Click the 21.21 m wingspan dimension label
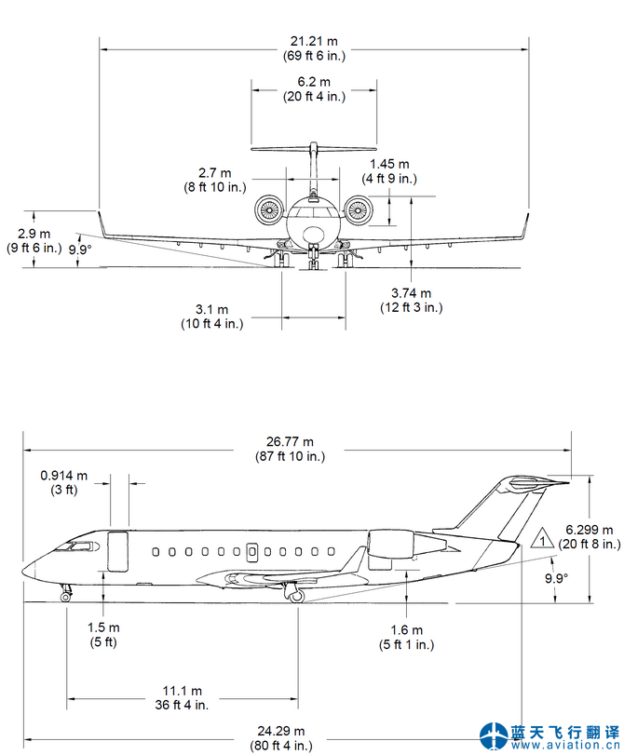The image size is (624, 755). tap(315, 48)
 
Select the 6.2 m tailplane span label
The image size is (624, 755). tap(315, 88)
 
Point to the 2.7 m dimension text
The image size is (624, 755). tap(215, 180)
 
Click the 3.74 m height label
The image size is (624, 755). tap(411, 299)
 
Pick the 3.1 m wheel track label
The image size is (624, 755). tap(211, 316)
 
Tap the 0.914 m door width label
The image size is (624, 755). tap(64, 482)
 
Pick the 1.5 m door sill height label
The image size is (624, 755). tap(103, 634)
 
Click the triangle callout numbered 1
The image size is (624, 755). tap(541, 540)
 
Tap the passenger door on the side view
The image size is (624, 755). tap(117, 551)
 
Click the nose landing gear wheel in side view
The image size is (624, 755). tap(65, 597)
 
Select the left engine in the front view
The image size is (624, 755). tap(270, 210)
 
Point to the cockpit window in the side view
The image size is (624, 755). tap(80, 545)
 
